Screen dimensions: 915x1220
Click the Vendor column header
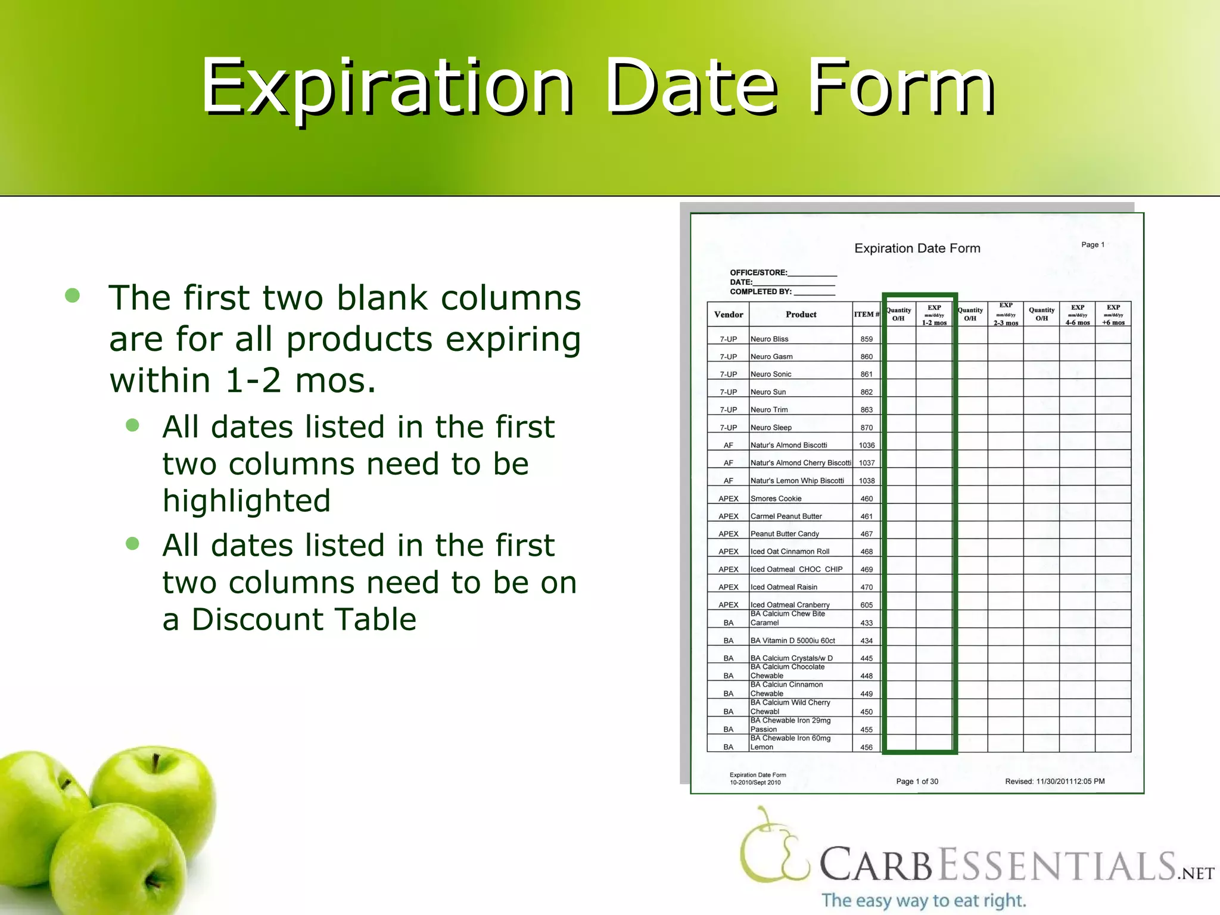(x=728, y=315)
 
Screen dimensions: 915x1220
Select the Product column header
(x=801, y=315)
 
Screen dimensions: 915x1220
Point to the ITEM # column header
(x=866, y=315)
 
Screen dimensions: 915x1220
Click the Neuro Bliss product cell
(x=769, y=339)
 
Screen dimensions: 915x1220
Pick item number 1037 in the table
(x=867, y=463)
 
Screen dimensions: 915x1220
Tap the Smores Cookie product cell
(x=776, y=499)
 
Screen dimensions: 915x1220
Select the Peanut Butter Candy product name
(x=785, y=534)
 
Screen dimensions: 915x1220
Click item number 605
(x=867, y=605)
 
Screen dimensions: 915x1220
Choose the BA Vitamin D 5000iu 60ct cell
(x=792, y=641)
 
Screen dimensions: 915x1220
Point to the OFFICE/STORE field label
(x=758, y=273)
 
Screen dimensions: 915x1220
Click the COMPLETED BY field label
(x=761, y=292)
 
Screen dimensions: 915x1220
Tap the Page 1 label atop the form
(x=1093, y=245)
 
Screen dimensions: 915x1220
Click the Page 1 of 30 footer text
(x=917, y=782)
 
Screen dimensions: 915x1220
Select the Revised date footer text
(x=1054, y=782)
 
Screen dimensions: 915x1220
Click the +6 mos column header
(x=1113, y=322)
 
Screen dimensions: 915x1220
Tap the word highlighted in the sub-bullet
(x=247, y=500)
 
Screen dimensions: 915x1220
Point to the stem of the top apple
(x=155, y=762)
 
